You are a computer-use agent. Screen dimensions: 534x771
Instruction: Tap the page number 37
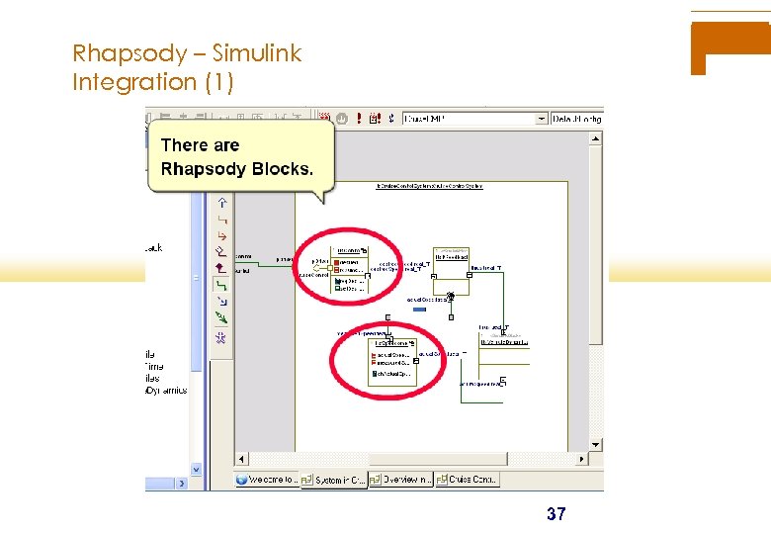[557, 514]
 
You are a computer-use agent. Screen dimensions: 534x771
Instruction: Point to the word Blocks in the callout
[282, 169]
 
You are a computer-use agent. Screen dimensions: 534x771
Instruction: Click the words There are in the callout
[200, 145]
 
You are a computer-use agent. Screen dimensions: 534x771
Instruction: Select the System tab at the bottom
[334, 480]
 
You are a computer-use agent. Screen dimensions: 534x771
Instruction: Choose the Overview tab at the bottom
[402, 480]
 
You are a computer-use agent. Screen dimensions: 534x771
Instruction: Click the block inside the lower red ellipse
[391, 361]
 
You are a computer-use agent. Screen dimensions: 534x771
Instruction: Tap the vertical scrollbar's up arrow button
[596, 137]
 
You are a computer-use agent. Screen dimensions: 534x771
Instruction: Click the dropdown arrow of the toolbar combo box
[541, 119]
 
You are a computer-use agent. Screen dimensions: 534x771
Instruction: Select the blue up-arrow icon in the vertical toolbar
[221, 203]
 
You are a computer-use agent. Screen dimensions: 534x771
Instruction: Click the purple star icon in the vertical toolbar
[221, 337]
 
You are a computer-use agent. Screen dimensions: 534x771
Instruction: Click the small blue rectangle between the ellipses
[419, 310]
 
